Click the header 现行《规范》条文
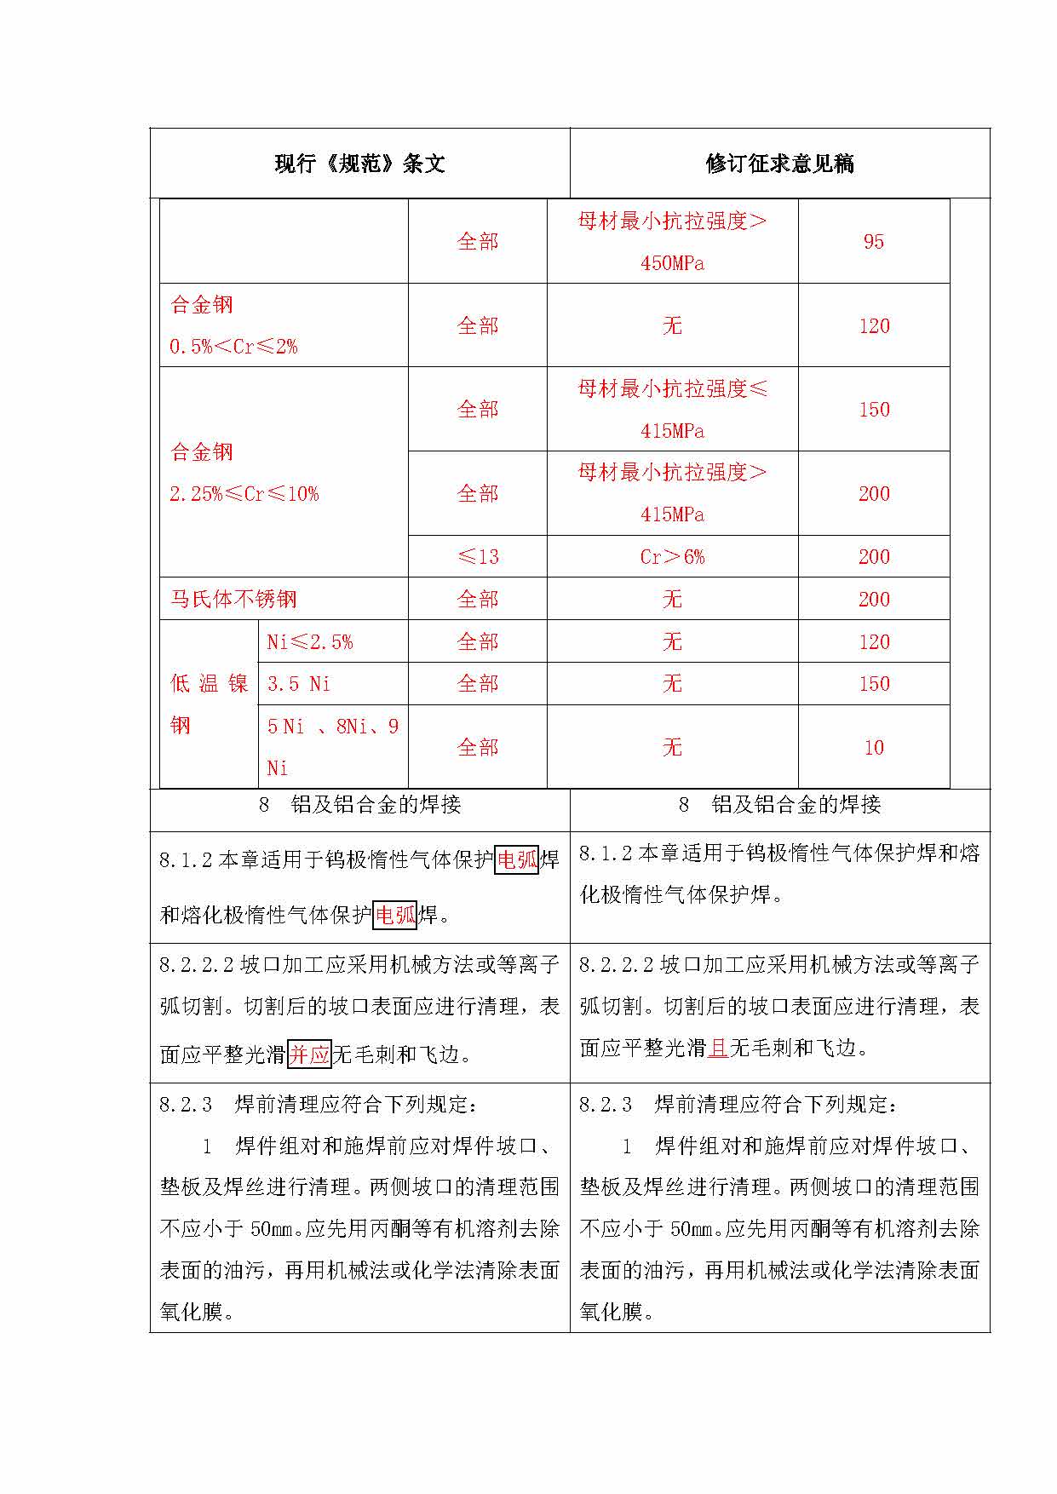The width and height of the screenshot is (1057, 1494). coord(359,164)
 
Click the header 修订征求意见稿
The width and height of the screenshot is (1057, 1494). coord(779,164)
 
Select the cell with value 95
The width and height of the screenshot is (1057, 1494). coord(874,242)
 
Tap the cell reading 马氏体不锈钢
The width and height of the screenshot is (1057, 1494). coord(234,599)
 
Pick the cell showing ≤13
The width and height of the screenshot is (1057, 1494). coord(478,557)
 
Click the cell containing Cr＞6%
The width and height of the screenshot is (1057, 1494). coord(672,557)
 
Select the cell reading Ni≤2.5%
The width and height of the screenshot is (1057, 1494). coord(310,641)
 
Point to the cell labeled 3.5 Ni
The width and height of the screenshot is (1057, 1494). coord(298,684)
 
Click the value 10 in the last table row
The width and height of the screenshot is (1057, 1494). coord(874,748)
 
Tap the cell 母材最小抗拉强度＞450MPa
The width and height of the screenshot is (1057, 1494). coord(672,242)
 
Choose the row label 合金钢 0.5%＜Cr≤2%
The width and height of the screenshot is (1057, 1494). coord(233,325)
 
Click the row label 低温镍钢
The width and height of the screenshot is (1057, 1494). coord(209,704)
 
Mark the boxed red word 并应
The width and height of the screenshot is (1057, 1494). coord(309,1054)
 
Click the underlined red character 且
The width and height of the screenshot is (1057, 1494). coord(718,1048)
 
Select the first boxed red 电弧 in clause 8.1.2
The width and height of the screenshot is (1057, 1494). coord(517,859)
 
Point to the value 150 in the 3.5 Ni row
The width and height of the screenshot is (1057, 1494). coord(874,684)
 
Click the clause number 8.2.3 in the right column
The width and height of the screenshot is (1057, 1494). coord(606,1105)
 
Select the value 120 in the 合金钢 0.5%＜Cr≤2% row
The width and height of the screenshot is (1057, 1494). coord(874,325)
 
